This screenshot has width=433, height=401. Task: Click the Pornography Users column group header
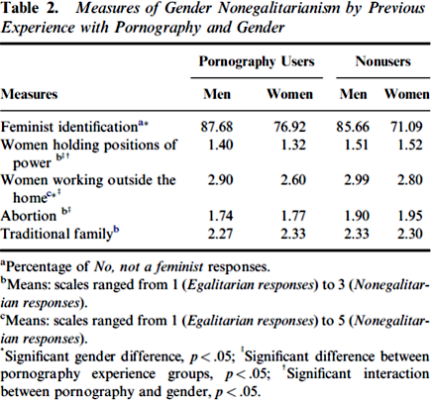pos(257,61)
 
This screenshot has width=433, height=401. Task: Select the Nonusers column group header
pos(382,61)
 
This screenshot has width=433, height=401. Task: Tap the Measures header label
pos(29,94)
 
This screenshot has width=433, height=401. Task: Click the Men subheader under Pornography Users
pos(217,94)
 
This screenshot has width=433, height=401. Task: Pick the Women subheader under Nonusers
pos(406,94)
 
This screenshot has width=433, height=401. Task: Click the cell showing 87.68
pos(217,127)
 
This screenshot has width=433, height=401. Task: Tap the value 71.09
pos(406,127)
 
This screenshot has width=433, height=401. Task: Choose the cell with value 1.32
pos(293,145)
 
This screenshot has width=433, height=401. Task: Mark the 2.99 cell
pos(357,180)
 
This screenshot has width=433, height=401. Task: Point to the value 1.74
pos(220,216)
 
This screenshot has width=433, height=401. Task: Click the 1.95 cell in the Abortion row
pos(410,216)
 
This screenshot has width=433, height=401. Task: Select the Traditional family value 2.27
pos(220,234)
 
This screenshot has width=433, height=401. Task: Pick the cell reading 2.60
pos(293,180)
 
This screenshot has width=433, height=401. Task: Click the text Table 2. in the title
pos(30,8)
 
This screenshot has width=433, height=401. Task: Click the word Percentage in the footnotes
pos(48,266)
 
